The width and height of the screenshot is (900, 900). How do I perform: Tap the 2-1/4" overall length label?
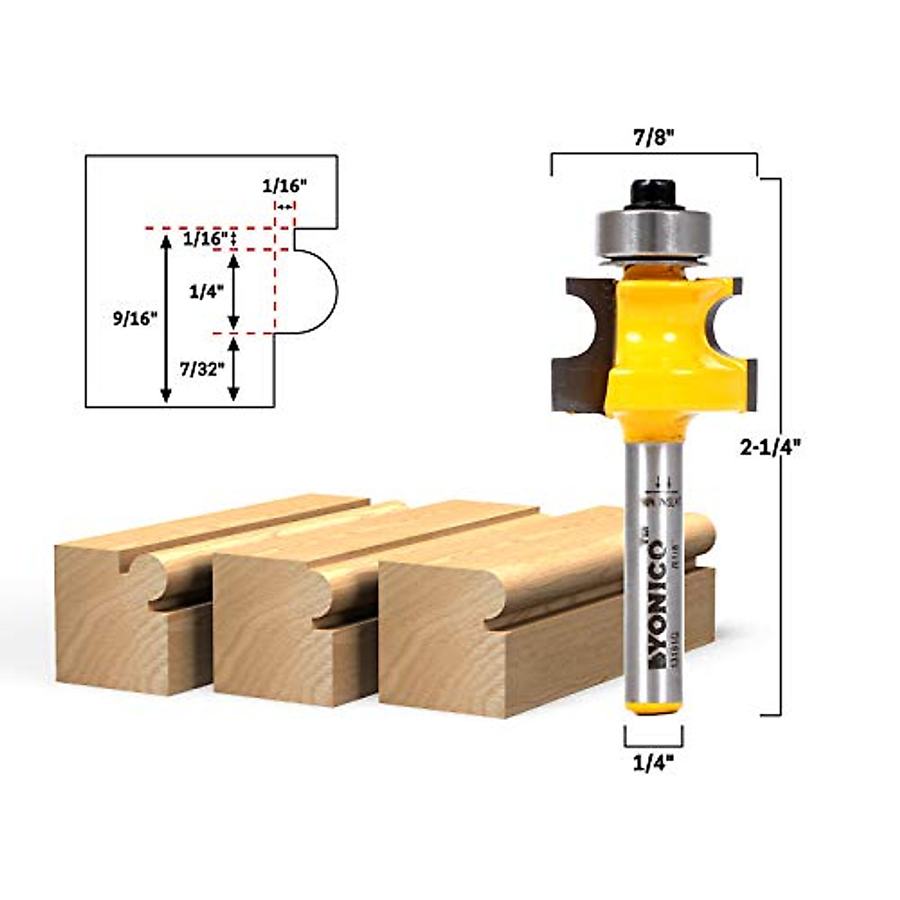[770, 447]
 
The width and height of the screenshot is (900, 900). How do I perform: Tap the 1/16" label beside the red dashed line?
[205, 238]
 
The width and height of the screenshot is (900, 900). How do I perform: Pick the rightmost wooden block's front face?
[450, 645]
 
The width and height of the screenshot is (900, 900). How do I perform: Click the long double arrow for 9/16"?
[166, 318]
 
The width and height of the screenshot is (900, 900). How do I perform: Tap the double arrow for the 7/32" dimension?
[233, 368]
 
